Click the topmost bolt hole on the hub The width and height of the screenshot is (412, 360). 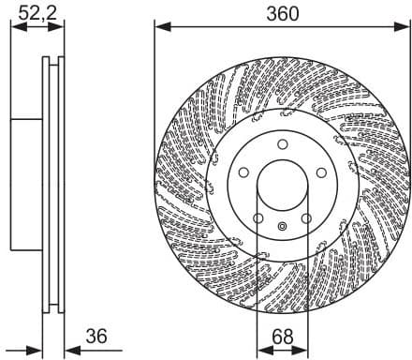[281, 143]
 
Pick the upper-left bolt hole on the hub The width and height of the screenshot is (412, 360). [243, 172]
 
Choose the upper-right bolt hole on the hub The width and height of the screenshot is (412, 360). [319, 172]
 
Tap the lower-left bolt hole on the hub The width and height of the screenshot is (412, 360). [257, 219]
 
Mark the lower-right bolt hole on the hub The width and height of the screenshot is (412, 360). [305, 219]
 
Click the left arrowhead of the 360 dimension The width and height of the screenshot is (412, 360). [160, 27]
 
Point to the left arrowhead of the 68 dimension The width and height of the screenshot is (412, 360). [261, 348]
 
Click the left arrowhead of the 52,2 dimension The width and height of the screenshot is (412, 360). [16, 27]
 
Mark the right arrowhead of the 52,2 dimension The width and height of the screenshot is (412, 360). [61, 27]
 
